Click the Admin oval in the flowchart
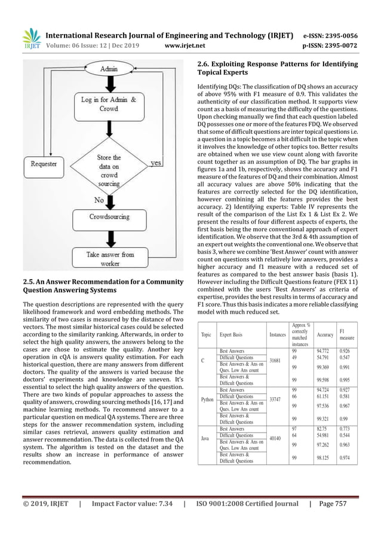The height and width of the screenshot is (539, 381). tap(109, 69)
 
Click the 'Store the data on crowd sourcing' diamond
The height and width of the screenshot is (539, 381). tap(109, 168)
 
